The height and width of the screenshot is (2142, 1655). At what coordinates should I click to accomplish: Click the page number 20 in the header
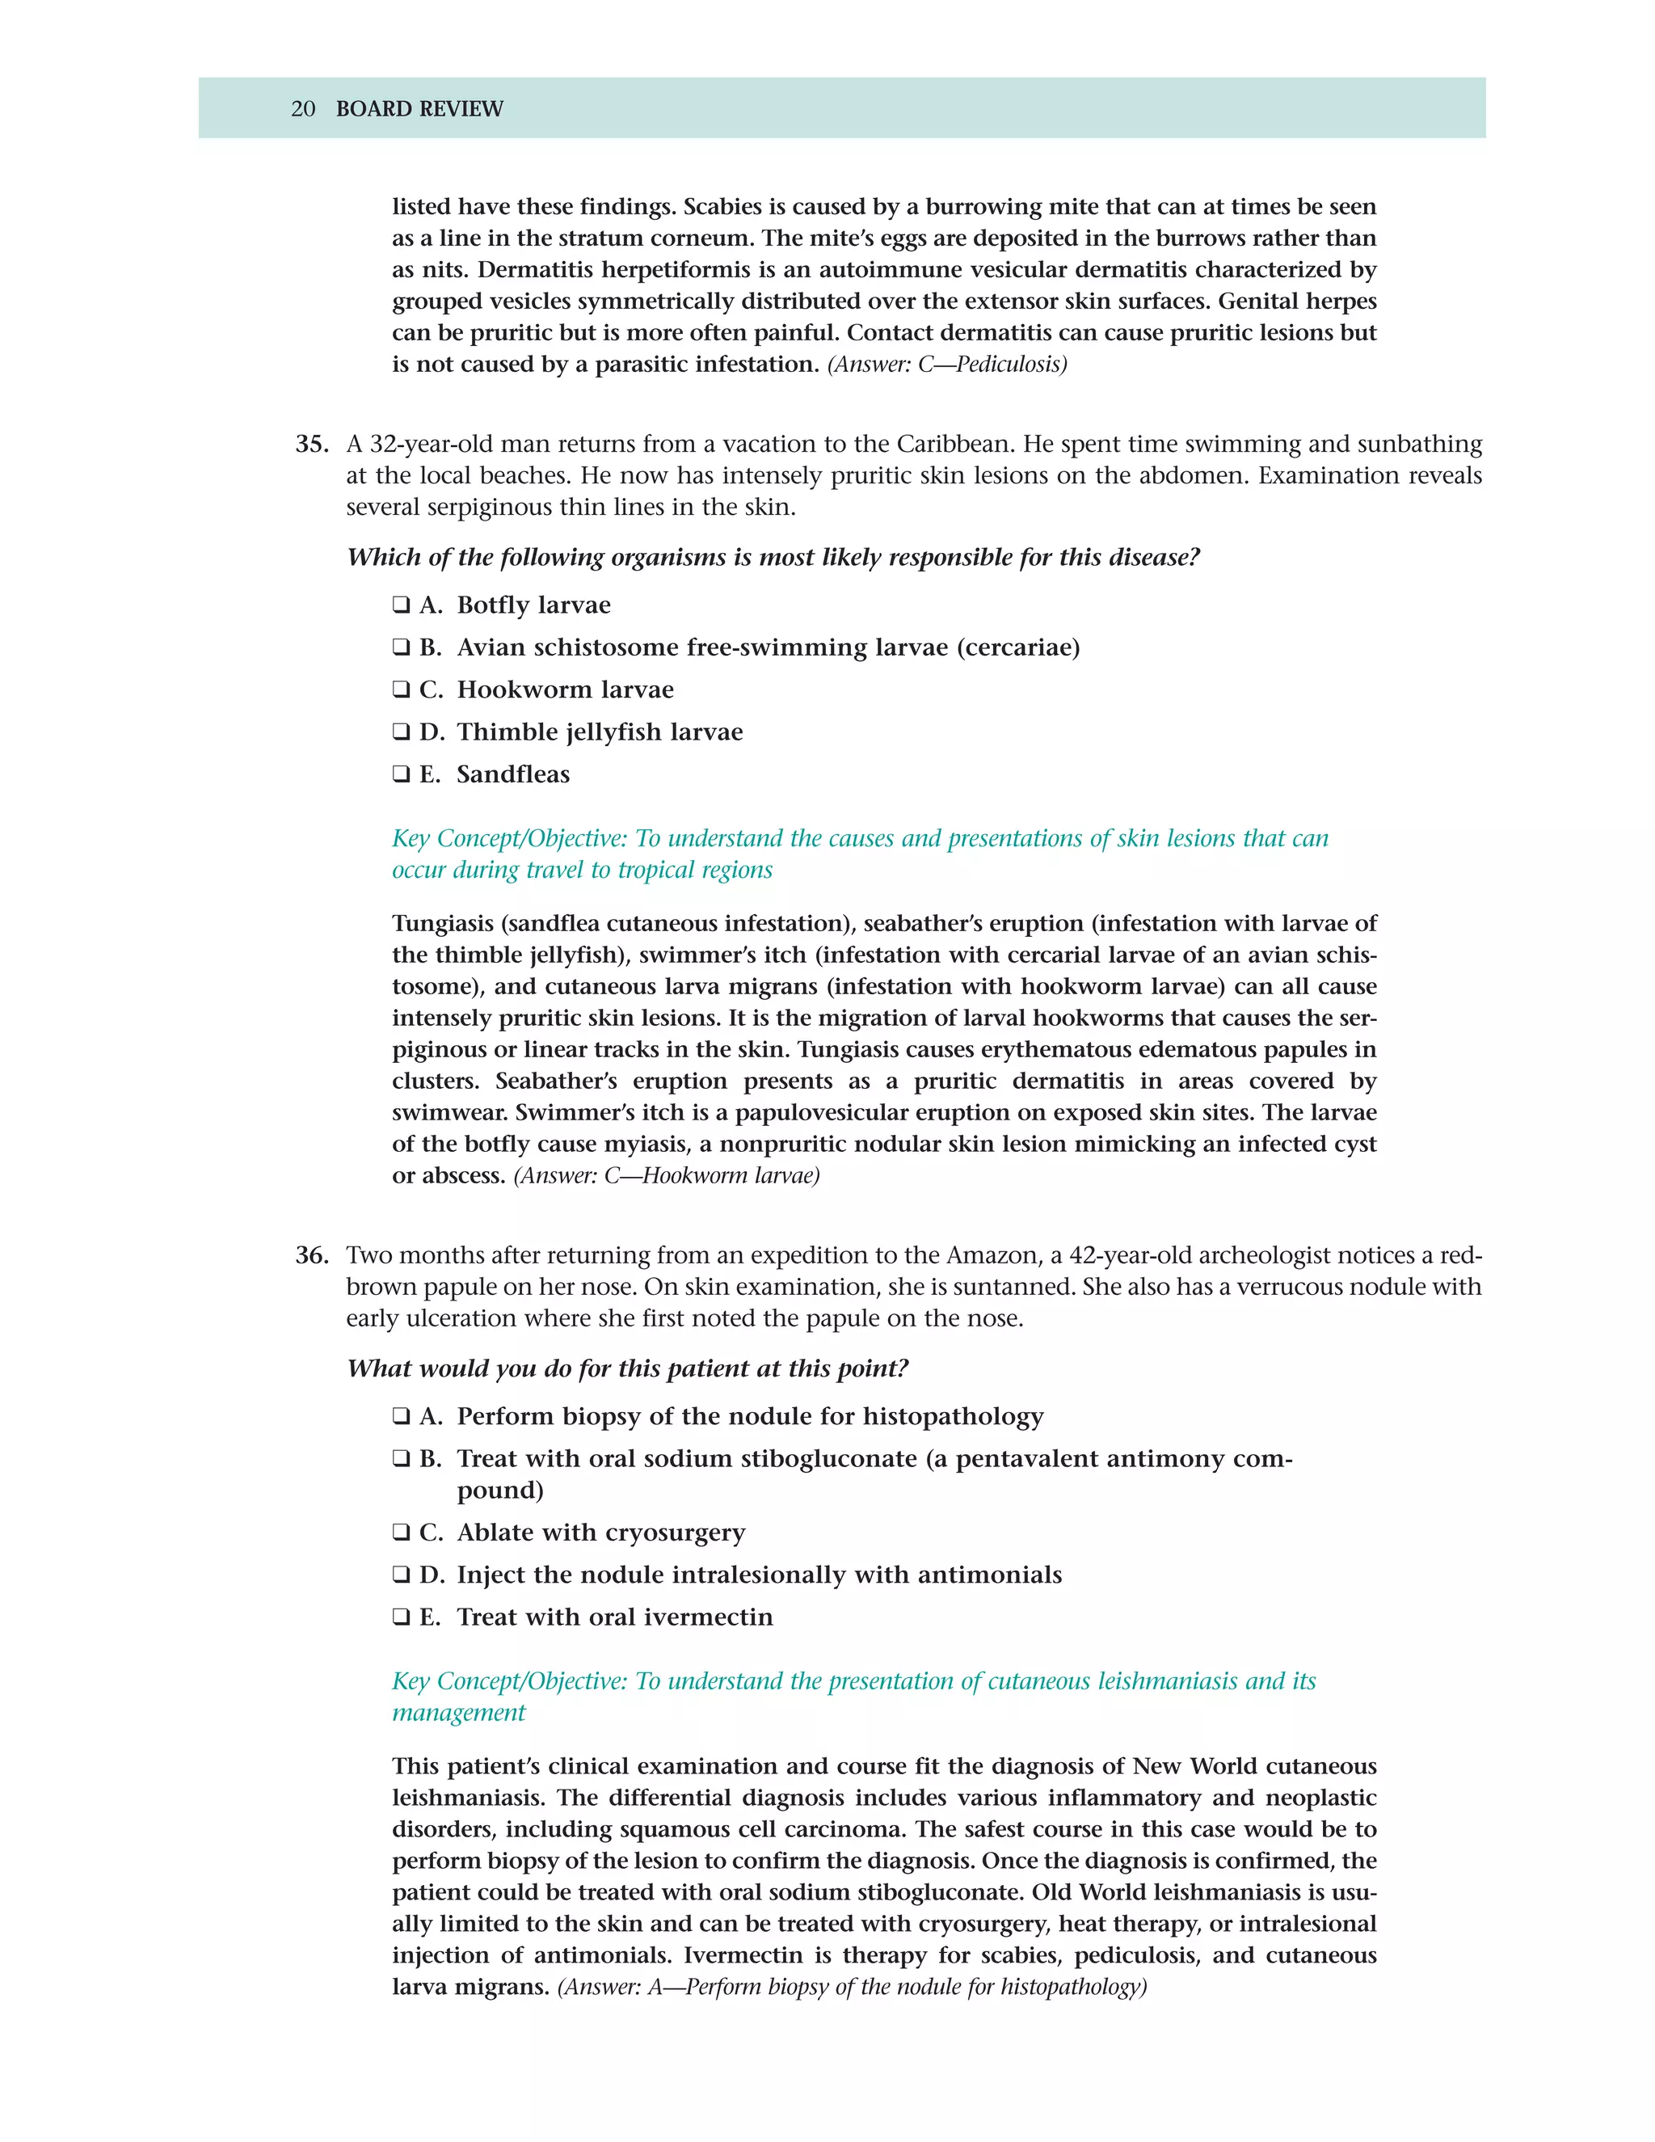pyautogui.click(x=303, y=109)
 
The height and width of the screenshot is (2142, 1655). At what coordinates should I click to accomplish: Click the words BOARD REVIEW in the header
pyautogui.click(x=419, y=109)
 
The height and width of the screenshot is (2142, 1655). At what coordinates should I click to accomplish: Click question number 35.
pyautogui.click(x=311, y=445)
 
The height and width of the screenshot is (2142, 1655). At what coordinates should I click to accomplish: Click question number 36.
pyautogui.click(x=311, y=1255)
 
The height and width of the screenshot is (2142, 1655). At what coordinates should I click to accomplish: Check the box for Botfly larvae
pyautogui.click(x=401, y=605)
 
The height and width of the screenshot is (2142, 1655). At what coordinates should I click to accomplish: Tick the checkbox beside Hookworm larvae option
pyautogui.click(x=401, y=689)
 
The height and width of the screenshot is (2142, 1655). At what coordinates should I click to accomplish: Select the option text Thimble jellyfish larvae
pyautogui.click(x=599, y=732)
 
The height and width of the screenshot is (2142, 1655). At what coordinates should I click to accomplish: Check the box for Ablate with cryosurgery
pyautogui.click(x=401, y=1532)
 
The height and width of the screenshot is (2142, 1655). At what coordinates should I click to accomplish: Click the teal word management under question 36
pyautogui.click(x=458, y=1713)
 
